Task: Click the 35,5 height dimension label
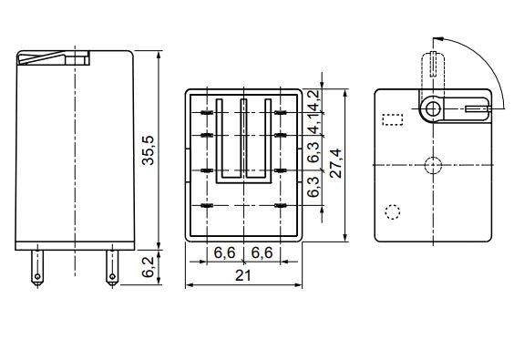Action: (x=149, y=150)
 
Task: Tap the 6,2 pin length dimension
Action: (x=149, y=267)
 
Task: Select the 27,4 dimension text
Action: (x=335, y=163)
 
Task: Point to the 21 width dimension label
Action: (x=243, y=276)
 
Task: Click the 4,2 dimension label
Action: (x=314, y=100)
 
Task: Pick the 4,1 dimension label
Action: (x=314, y=124)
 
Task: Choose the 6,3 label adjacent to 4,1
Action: (x=314, y=152)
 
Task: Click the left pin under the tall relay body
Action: (x=37, y=268)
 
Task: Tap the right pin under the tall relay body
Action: (x=112, y=268)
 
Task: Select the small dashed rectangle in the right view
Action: (x=393, y=119)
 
